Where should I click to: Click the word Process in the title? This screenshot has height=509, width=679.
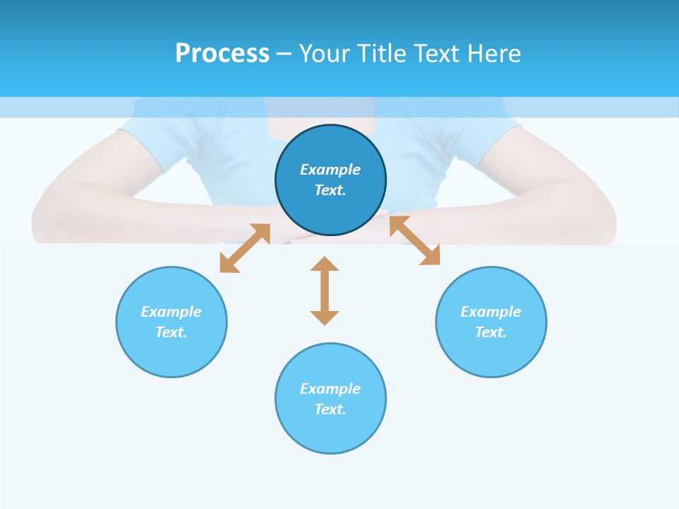(222, 54)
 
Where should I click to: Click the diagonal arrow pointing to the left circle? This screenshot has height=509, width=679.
(245, 248)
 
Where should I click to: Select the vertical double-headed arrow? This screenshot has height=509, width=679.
(325, 291)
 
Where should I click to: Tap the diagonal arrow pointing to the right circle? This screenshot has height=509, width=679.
(414, 240)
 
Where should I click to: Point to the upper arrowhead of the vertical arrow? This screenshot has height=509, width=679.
(325, 264)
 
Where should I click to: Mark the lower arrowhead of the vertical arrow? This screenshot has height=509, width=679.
(325, 317)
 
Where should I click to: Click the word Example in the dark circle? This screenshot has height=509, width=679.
(330, 170)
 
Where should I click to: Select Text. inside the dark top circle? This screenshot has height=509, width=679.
(330, 190)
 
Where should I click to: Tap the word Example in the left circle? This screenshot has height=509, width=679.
(171, 312)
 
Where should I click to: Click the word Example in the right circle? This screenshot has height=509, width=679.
(491, 312)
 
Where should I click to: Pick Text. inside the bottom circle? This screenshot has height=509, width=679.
(330, 409)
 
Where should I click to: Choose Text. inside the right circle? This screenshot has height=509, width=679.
(491, 332)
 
